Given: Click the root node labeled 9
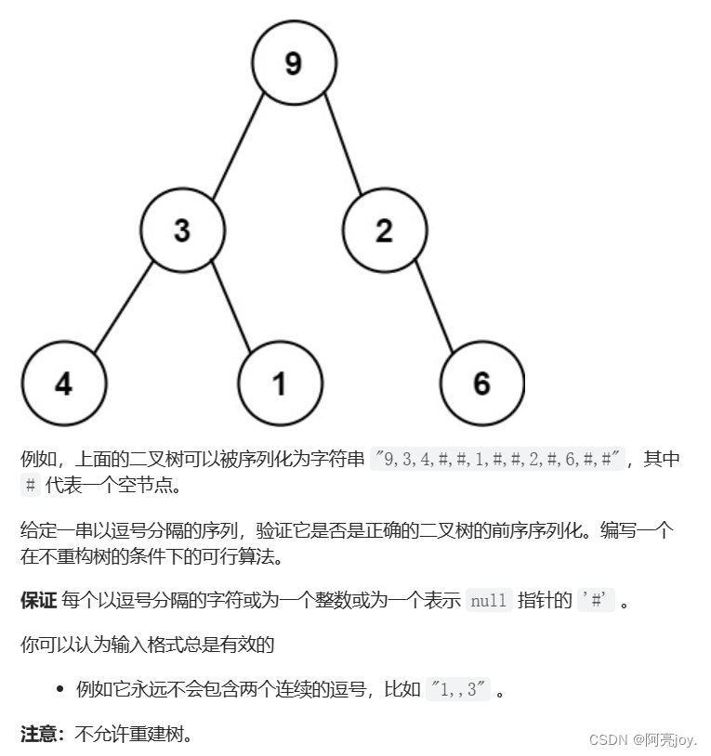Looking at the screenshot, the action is (293, 63).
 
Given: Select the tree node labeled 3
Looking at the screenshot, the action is (182, 230).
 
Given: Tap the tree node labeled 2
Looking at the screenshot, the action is (384, 230).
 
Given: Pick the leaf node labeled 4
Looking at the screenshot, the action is (63, 384).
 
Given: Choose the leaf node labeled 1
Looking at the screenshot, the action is (280, 384).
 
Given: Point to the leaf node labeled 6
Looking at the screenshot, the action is (481, 384).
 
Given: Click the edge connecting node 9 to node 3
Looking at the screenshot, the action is (239, 147).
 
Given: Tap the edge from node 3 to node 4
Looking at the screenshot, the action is (123, 306).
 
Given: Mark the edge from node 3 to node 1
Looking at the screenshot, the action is (231, 306).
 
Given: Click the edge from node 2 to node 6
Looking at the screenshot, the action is (433, 306).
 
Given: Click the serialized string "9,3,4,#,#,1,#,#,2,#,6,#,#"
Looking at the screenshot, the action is (500, 459).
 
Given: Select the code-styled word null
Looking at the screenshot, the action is (488, 600).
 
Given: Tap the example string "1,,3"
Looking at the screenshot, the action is (458, 690).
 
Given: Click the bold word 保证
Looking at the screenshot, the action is (38, 600).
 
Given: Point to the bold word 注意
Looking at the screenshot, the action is (38, 735).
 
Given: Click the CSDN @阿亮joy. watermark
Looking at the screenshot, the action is (642, 740).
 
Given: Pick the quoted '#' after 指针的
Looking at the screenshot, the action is (596, 600).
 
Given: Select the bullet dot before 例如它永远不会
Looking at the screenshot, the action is (59, 690).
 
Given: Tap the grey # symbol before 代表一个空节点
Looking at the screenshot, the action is (31, 484).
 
